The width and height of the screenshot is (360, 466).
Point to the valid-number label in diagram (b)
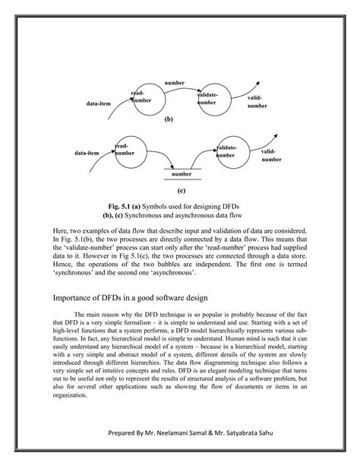[x=257, y=102]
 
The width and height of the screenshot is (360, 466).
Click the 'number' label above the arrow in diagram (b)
[x=175, y=81]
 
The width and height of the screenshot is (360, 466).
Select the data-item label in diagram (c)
[x=87, y=153]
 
